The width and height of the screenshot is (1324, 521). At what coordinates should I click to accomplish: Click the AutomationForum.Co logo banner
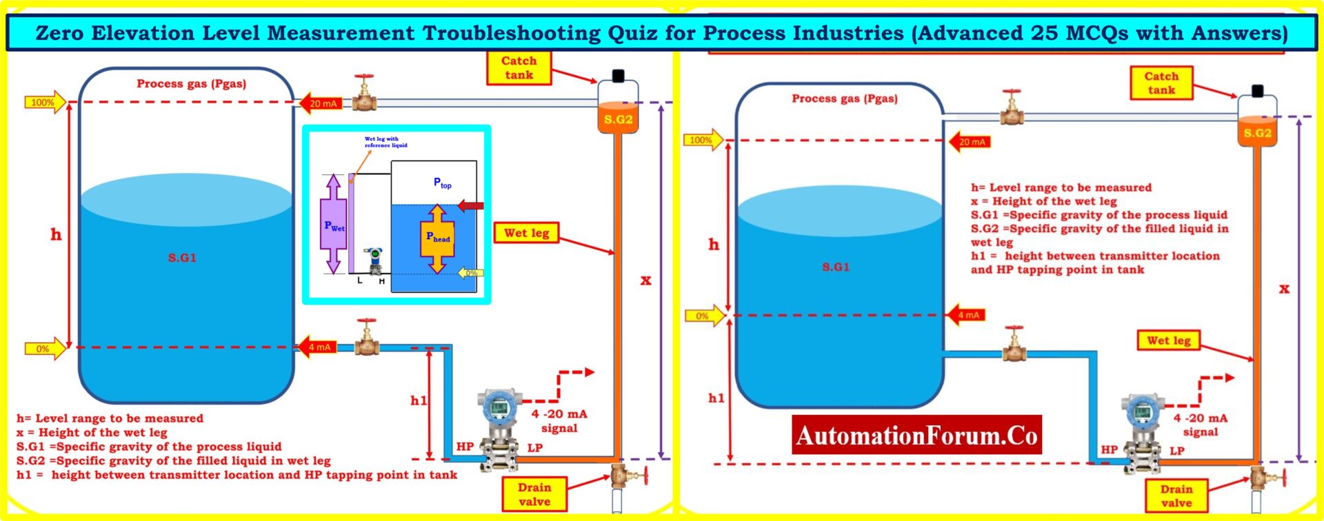pos(916,436)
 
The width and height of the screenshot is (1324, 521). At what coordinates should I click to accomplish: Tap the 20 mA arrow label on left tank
pos(321,103)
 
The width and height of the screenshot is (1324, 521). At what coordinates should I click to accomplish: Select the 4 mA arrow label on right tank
pos(967,315)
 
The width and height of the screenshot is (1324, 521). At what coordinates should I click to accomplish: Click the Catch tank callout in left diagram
pos(519,68)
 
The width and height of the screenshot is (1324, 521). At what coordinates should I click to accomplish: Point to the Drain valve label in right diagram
pos(1176,496)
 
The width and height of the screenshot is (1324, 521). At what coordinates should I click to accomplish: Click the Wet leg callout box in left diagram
pos(526,233)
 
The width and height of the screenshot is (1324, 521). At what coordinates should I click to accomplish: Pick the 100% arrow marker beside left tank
pos(46,103)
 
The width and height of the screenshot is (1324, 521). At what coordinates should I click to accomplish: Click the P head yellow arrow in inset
pos(438,238)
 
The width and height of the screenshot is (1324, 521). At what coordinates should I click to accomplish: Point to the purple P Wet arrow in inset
pos(333,224)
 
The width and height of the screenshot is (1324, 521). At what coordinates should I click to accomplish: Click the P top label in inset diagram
pos(442,183)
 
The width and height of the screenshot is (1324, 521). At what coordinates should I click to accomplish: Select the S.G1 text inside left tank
pos(182,258)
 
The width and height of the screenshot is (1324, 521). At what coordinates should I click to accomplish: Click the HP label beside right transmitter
pos(1109,449)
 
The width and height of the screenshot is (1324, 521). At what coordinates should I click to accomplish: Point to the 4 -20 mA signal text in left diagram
pos(559,420)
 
